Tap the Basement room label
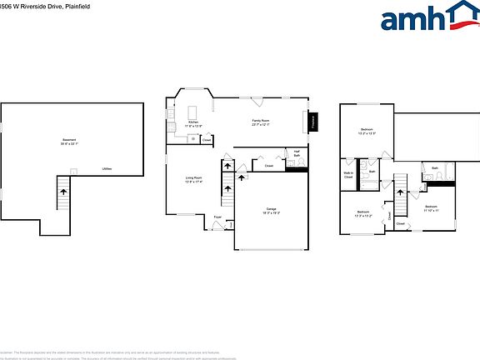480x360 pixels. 69,139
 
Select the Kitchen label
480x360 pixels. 192,122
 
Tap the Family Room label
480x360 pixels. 260,121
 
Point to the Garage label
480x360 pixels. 271,209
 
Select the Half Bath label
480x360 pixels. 297,152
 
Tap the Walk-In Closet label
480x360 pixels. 348,175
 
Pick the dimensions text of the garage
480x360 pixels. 271,213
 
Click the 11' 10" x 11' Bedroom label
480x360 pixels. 431,207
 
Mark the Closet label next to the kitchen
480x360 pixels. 207,140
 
